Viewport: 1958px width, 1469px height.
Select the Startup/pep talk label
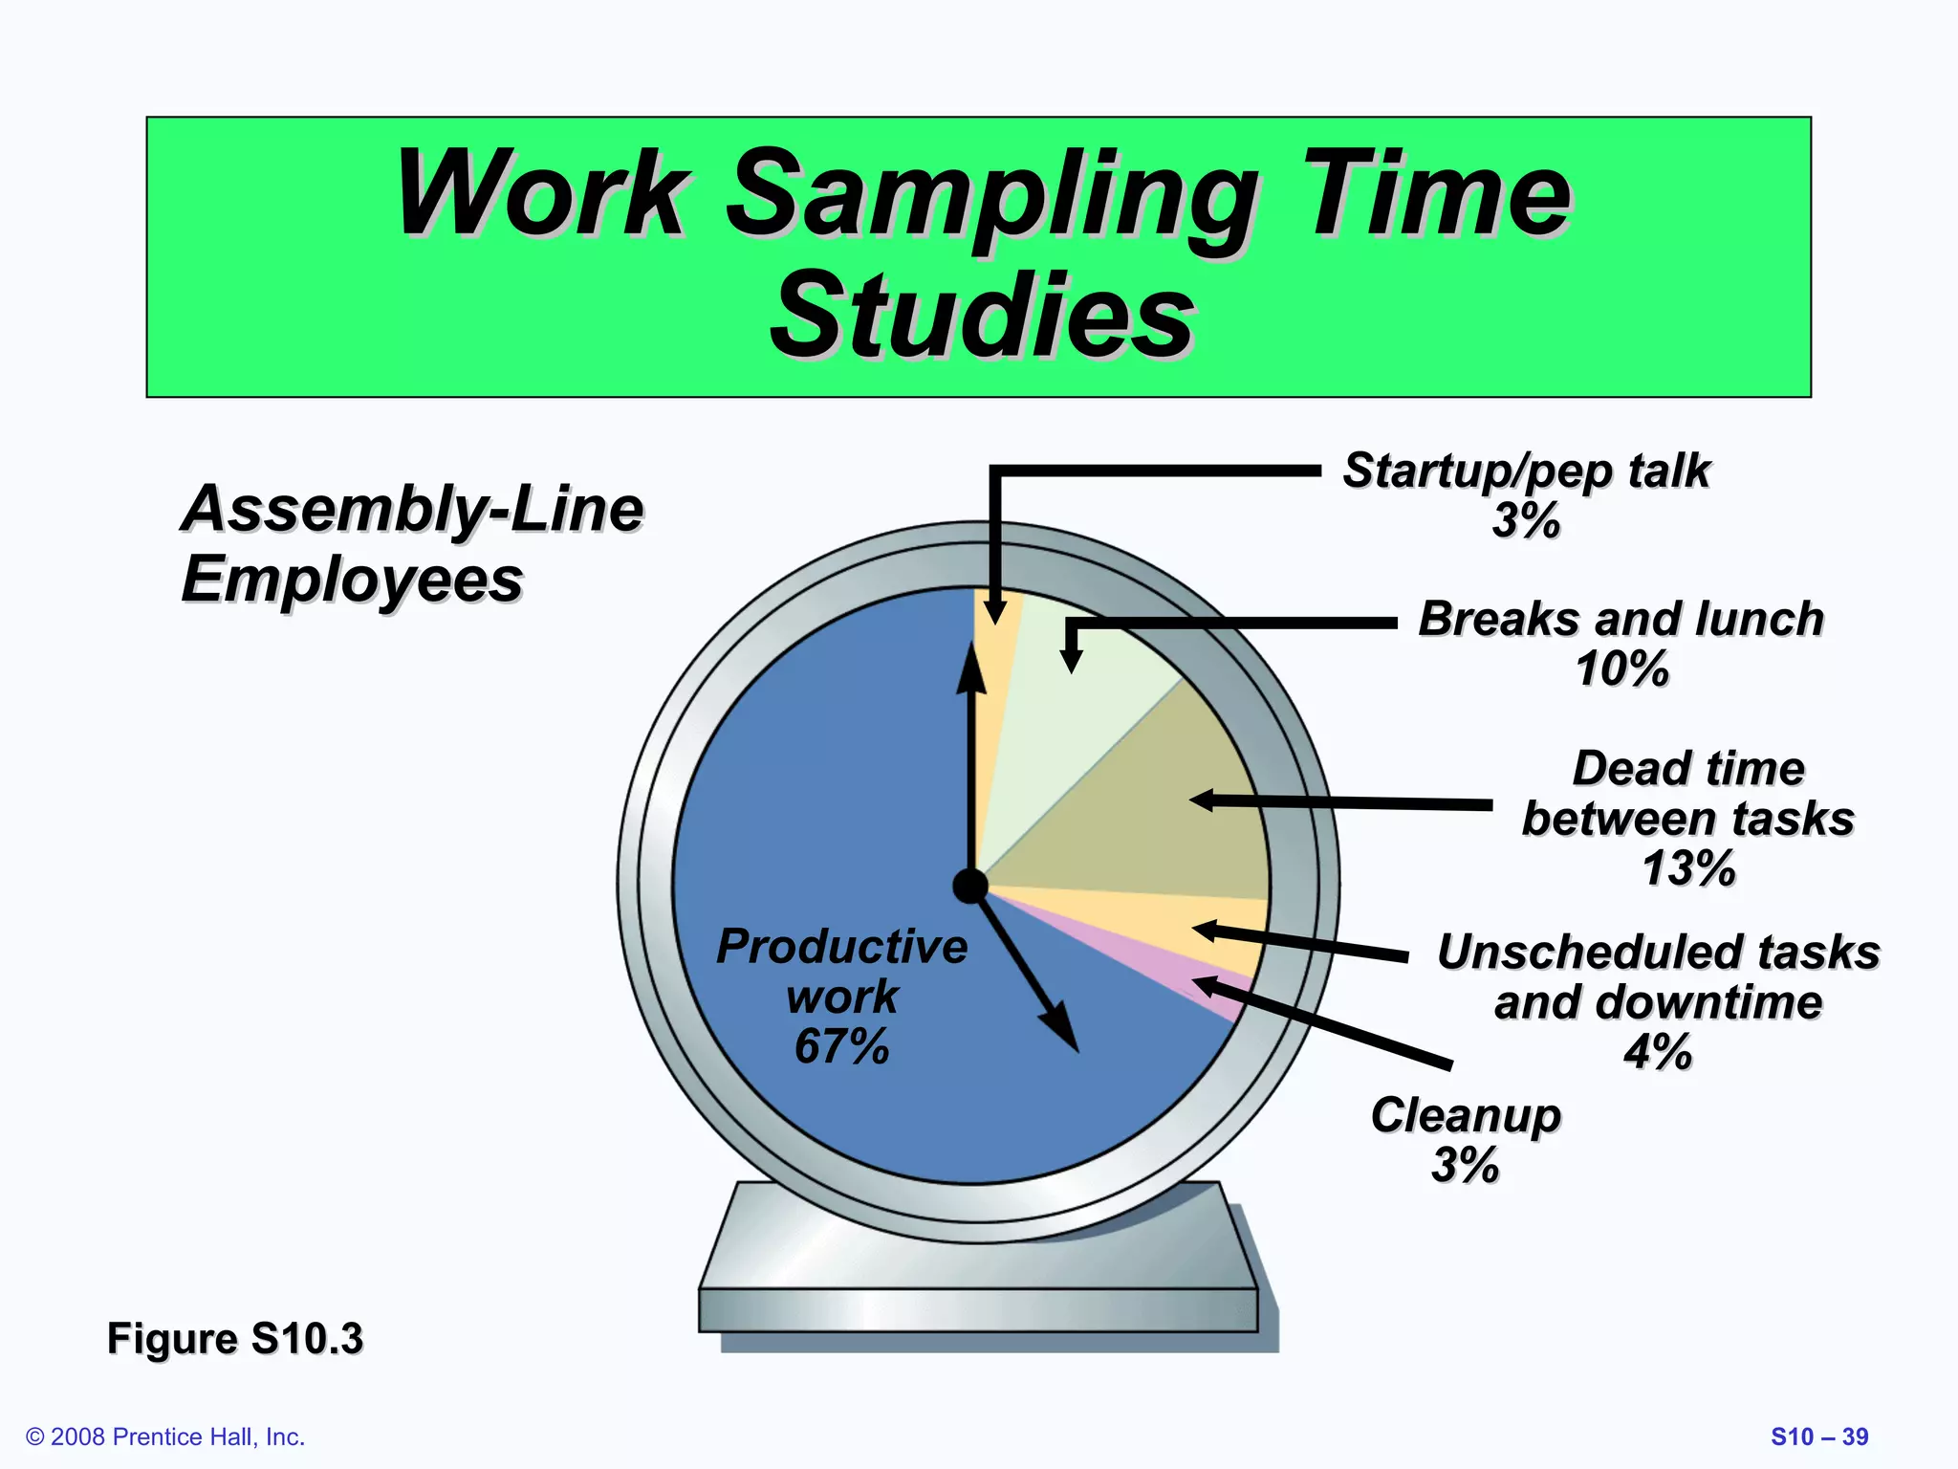coord(1526,471)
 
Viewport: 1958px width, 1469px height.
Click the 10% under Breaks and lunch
coord(1621,669)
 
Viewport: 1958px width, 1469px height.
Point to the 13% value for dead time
coord(1687,868)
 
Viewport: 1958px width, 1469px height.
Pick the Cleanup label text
coord(1466,1115)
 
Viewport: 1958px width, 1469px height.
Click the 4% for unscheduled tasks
coord(1657,1052)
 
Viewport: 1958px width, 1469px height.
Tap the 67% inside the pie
coord(841,1045)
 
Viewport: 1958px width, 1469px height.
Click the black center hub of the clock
coord(970,887)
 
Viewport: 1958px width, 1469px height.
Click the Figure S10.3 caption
coord(235,1338)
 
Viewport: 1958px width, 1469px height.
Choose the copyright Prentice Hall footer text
coord(165,1436)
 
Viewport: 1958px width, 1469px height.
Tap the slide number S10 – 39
coord(1819,1436)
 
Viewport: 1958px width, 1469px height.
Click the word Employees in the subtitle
coord(352,580)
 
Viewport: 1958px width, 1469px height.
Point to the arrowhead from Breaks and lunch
coord(1072,660)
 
